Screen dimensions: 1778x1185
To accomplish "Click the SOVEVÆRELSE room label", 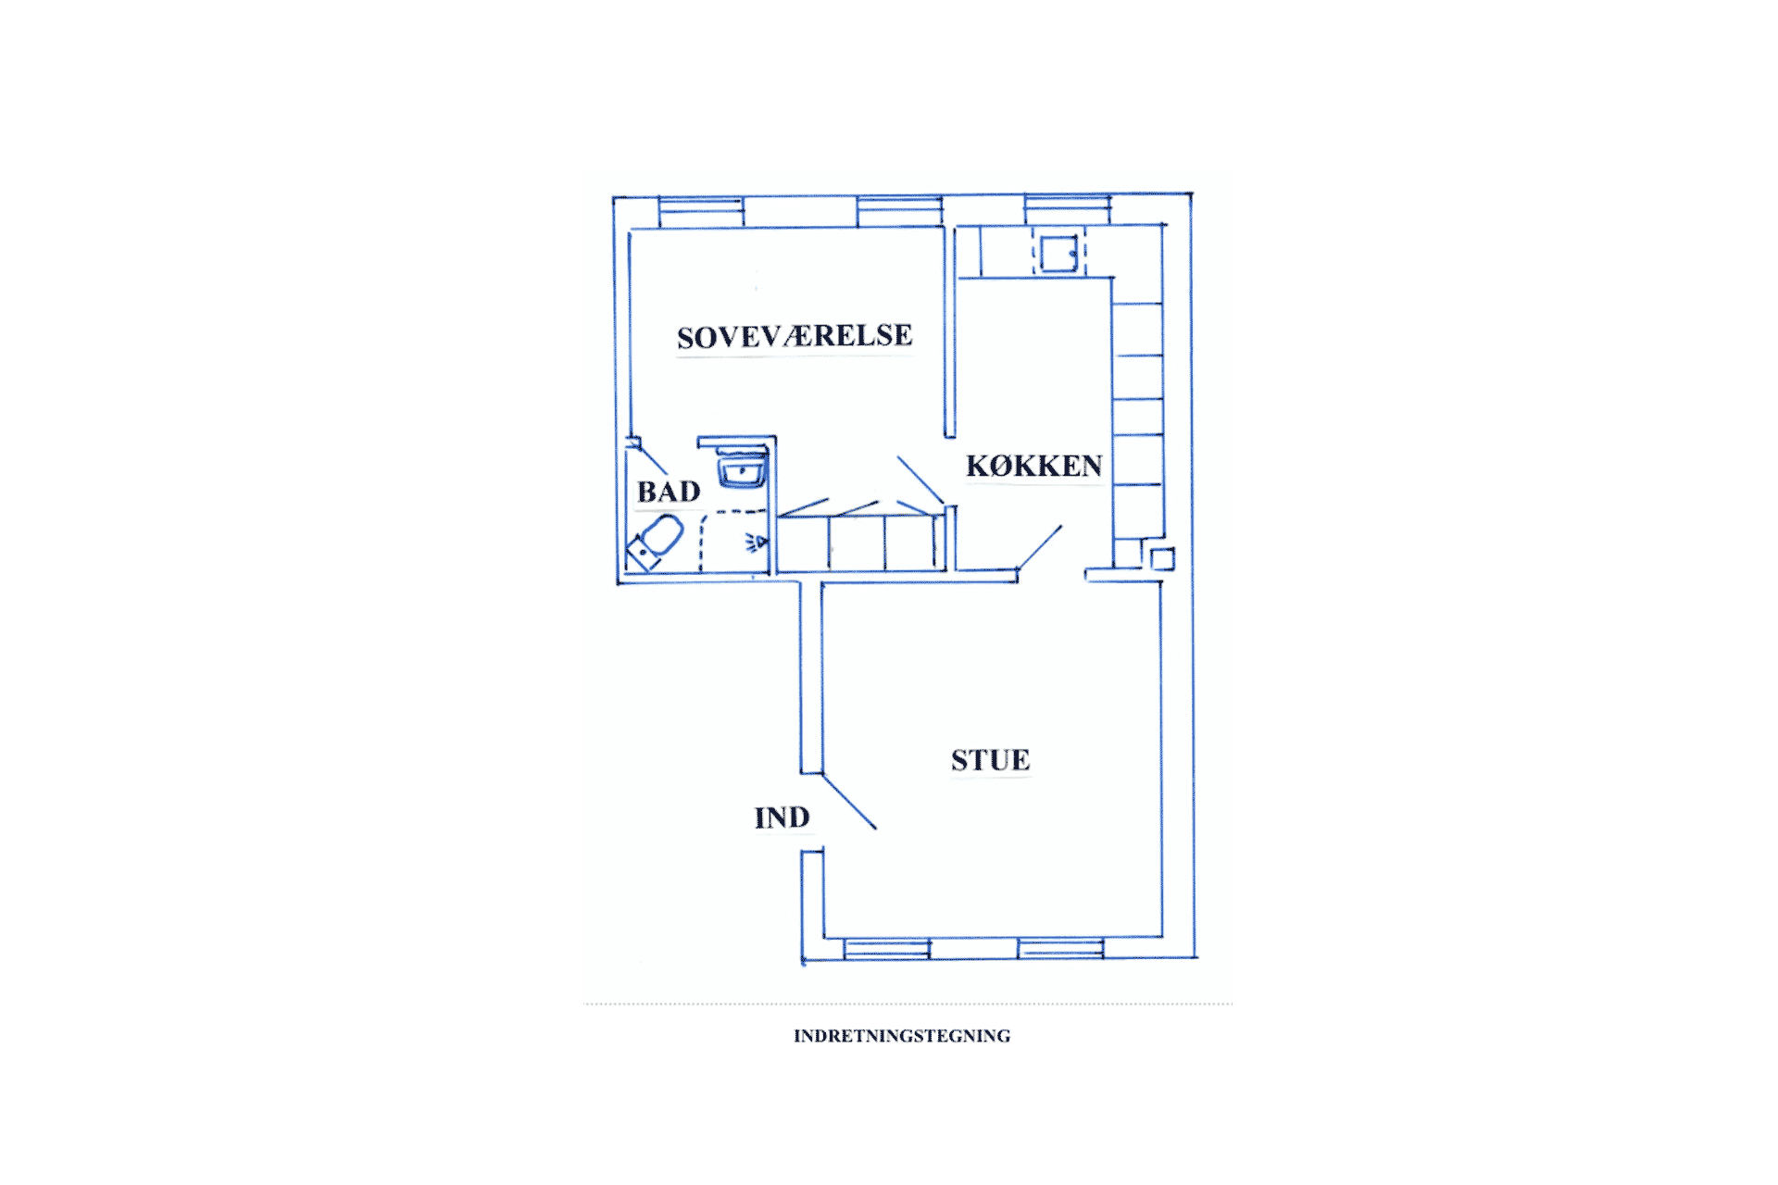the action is click(795, 336).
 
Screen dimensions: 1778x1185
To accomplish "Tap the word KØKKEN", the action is click(1034, 466).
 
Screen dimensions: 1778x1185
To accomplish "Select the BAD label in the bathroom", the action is click(669, 492).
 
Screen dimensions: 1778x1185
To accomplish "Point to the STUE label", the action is click(990, 760).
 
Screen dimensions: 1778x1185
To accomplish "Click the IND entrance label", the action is click(782, 817).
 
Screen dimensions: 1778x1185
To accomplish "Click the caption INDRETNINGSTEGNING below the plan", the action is click(902, 1036).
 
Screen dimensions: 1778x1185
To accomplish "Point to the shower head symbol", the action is click(757, 543).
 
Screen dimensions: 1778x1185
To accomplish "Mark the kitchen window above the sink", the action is click(1067, 210).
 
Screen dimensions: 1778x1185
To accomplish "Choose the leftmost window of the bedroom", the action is click(701, 212).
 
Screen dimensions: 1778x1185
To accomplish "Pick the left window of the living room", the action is click(887, 949).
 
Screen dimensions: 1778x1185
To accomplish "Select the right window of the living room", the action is click(1060, 949).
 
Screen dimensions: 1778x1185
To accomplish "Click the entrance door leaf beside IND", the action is click(849, 802).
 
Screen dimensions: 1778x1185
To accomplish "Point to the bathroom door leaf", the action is click(647, 457).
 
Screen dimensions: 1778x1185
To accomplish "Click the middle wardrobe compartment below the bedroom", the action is click(857, 543).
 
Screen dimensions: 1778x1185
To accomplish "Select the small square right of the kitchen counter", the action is click(1162, 559).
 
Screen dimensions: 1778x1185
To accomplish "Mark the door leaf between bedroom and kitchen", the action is click(920, 480).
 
